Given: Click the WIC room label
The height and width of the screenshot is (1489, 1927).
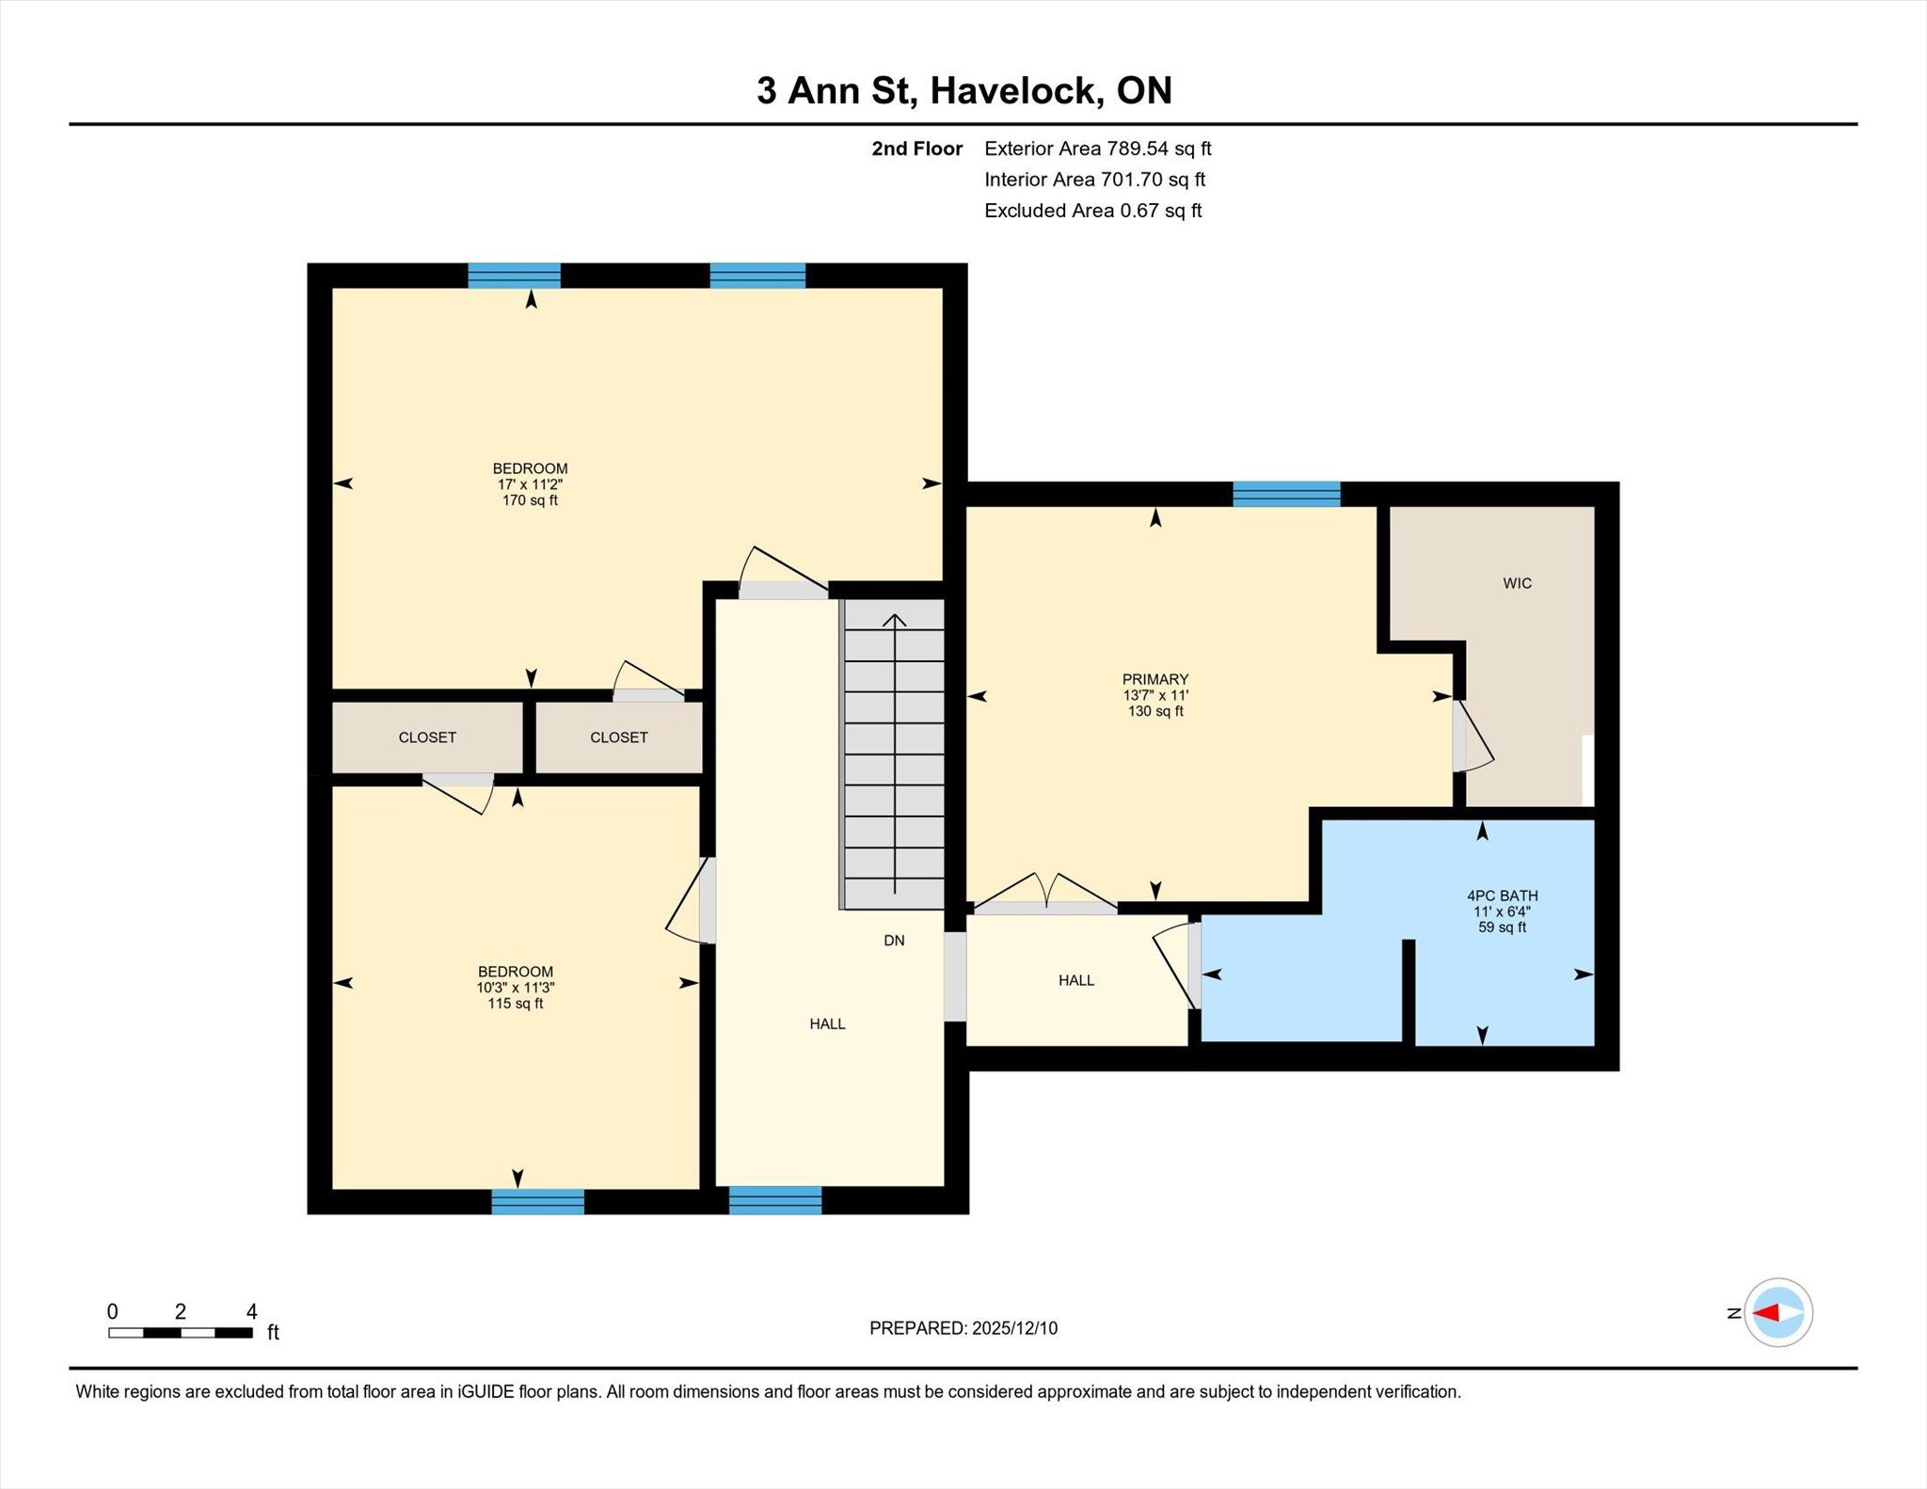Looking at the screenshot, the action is [1517, 583].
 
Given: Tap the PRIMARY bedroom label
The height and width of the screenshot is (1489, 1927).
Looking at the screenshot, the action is [1155, 679].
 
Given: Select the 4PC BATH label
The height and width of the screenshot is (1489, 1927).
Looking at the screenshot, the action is [1503, 895].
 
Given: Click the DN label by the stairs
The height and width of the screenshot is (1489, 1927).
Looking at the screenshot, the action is [894, 940].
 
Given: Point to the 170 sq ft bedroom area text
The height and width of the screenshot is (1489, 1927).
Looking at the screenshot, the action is [530, 500].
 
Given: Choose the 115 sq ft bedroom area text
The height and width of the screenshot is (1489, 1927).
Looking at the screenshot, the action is [515, 1004].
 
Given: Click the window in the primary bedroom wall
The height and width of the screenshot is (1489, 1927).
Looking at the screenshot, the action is [1286, 494].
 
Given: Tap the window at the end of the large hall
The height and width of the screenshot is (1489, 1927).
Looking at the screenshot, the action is [775, 1200].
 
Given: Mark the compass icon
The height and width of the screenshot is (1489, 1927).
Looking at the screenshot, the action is [1777, 1312].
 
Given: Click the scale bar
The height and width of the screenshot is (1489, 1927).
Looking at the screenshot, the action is [181, 1332].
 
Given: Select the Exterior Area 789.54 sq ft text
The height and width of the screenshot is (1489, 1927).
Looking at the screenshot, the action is [1098, 149].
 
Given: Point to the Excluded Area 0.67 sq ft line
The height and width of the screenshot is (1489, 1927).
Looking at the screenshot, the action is [1093, 211].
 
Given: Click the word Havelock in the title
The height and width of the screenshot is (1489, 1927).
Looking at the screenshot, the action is [1017, 90].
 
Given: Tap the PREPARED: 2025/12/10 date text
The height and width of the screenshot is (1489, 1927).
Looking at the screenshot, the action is [963, 1328].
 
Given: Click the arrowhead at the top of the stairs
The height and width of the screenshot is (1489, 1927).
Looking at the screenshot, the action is [895, 620].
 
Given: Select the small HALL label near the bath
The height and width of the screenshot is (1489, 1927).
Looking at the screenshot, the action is [1076, 980].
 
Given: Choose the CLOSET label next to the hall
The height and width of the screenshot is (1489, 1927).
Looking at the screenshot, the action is [619, 737].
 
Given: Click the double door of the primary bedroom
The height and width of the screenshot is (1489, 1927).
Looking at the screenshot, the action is [1045, 895].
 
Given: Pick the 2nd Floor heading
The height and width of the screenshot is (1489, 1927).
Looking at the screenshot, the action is [917, 149].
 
